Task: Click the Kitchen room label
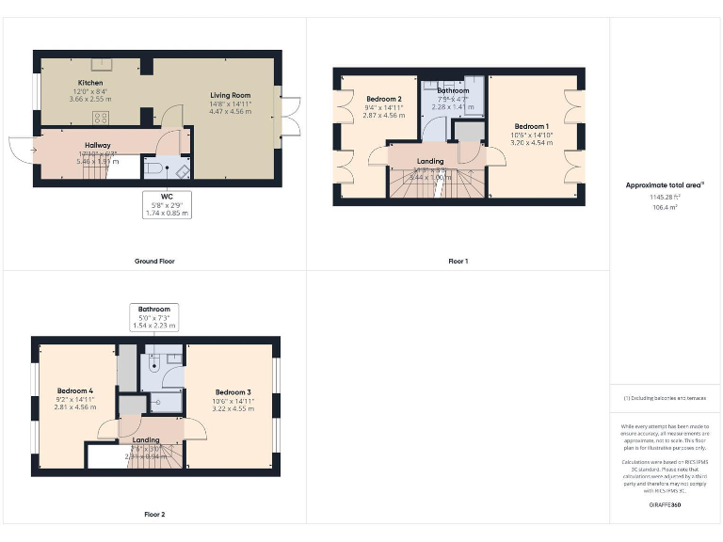(90, 83)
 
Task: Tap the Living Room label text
(230, 95)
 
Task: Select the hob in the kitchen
(99, 117)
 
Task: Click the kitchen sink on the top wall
(100, 64)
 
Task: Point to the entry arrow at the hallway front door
(32, 149)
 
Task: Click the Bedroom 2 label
(384, 100)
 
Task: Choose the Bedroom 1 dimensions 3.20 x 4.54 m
(532, 145)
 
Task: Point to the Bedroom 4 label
(74, 391)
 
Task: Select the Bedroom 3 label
(233, 392)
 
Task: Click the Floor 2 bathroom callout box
(153, 317)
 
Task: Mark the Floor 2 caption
(153, 515)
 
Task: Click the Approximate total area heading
(665, 185)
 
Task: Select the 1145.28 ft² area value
(665, 197)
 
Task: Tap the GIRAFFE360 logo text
(665, 506)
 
